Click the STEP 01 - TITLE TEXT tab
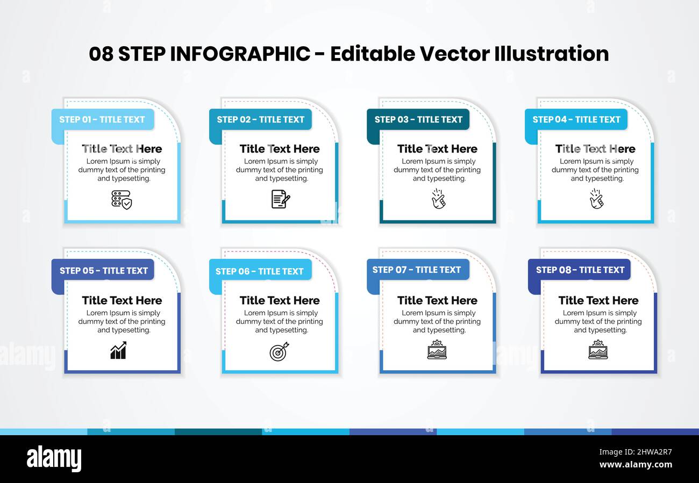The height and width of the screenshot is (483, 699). point(102,119)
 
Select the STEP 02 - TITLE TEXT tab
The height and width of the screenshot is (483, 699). point(260,119)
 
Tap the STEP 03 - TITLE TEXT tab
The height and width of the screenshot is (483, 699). point(418,119)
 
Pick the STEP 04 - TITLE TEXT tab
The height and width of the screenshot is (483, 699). point(576,119)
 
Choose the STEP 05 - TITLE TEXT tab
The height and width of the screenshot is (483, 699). point(103,270)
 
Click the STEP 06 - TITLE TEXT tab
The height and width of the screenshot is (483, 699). point(260,271)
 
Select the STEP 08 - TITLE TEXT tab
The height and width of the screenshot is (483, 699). point(580,270)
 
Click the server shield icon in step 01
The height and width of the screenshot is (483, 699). point(122,199)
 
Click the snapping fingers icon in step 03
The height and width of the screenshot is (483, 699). point(438,198)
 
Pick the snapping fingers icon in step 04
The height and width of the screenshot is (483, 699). point(596,198)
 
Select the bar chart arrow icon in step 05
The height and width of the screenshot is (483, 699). point(118,350)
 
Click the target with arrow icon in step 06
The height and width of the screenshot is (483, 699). point(279,351)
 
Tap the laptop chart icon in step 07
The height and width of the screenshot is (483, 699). point(437,350)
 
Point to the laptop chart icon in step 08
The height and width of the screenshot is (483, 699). point(597,350)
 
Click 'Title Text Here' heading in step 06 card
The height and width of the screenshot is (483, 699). point(280,300)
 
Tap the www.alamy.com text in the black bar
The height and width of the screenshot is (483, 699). point(636,465)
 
